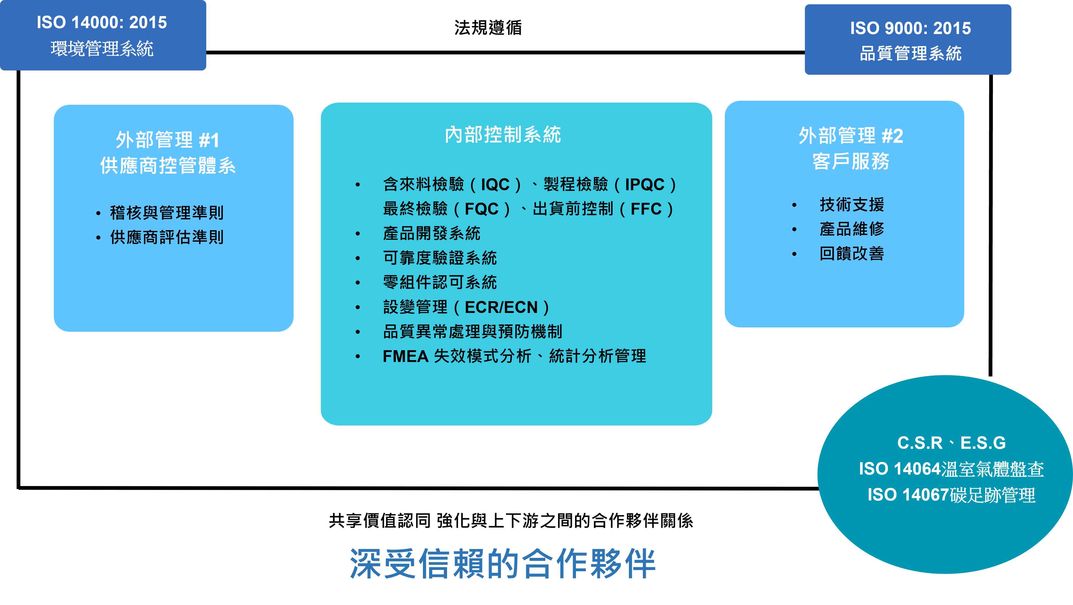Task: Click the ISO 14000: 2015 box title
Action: click(102, 23)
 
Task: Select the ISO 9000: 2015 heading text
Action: click(911, 28)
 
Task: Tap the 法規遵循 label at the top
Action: click(488, 28)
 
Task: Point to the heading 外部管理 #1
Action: click(167, 140)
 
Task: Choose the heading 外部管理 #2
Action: click(851, 136)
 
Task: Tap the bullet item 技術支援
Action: click(852, 205)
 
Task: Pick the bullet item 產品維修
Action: click(852, 229)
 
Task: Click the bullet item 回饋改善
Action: click(852, 253)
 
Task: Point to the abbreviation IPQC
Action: click(644, 185)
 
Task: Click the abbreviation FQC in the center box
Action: click(482, 209)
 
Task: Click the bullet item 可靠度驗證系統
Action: click(440, 258)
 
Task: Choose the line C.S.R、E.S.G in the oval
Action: click(951, 443)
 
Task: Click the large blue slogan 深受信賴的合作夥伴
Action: click(503, 563)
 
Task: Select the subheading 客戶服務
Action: click(851, 161)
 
